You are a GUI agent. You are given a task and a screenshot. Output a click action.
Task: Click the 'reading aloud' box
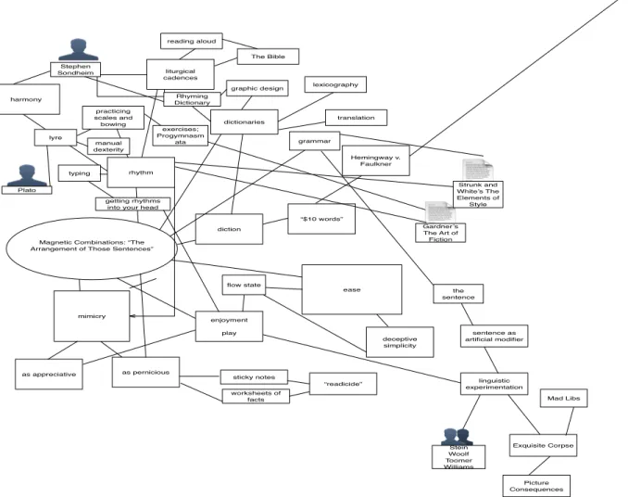click(x=192, y=41)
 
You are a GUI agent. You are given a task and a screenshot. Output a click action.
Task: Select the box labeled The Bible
click(x=268, y=57)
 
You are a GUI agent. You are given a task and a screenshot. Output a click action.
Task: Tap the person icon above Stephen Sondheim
click(x=78, y=50)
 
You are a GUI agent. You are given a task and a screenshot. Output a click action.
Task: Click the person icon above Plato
click(x=27, y=174)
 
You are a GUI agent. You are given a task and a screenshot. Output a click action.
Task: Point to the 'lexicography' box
click(x=335, y=84)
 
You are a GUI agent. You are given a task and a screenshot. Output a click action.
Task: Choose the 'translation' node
click(x=356, y=118)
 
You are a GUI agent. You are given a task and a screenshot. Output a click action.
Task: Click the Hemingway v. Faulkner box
click(x=376, y=160)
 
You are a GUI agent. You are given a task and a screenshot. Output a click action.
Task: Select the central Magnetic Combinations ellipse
click(x=92, y=248)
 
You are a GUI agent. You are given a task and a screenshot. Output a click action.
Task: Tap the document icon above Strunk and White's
click(x=478, y=170)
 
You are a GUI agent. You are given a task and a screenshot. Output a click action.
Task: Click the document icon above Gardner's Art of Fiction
click(x=440, y=211)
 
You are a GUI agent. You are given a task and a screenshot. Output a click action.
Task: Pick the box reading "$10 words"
click(x=321, y=219)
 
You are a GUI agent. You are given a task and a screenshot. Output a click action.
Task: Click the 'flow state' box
click(x=244, y=285)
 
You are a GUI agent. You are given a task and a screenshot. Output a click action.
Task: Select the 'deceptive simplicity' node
click(x=400, y=342)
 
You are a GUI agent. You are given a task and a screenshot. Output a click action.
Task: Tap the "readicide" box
click(x=344, y=384)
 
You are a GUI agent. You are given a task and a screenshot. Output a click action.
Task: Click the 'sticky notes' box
click(x=254, y=377)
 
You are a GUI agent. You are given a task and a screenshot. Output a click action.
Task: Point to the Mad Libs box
click(x=563, y=398)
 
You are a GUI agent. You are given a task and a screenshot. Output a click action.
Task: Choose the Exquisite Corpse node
click(x=543, y=445)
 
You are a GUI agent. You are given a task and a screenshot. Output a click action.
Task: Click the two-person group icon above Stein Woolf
click(x=457, y=437)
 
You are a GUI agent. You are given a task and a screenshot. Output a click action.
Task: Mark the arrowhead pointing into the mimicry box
click(x=132, y=316)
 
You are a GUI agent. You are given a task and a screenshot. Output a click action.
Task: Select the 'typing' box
click(x=80, y=173)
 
